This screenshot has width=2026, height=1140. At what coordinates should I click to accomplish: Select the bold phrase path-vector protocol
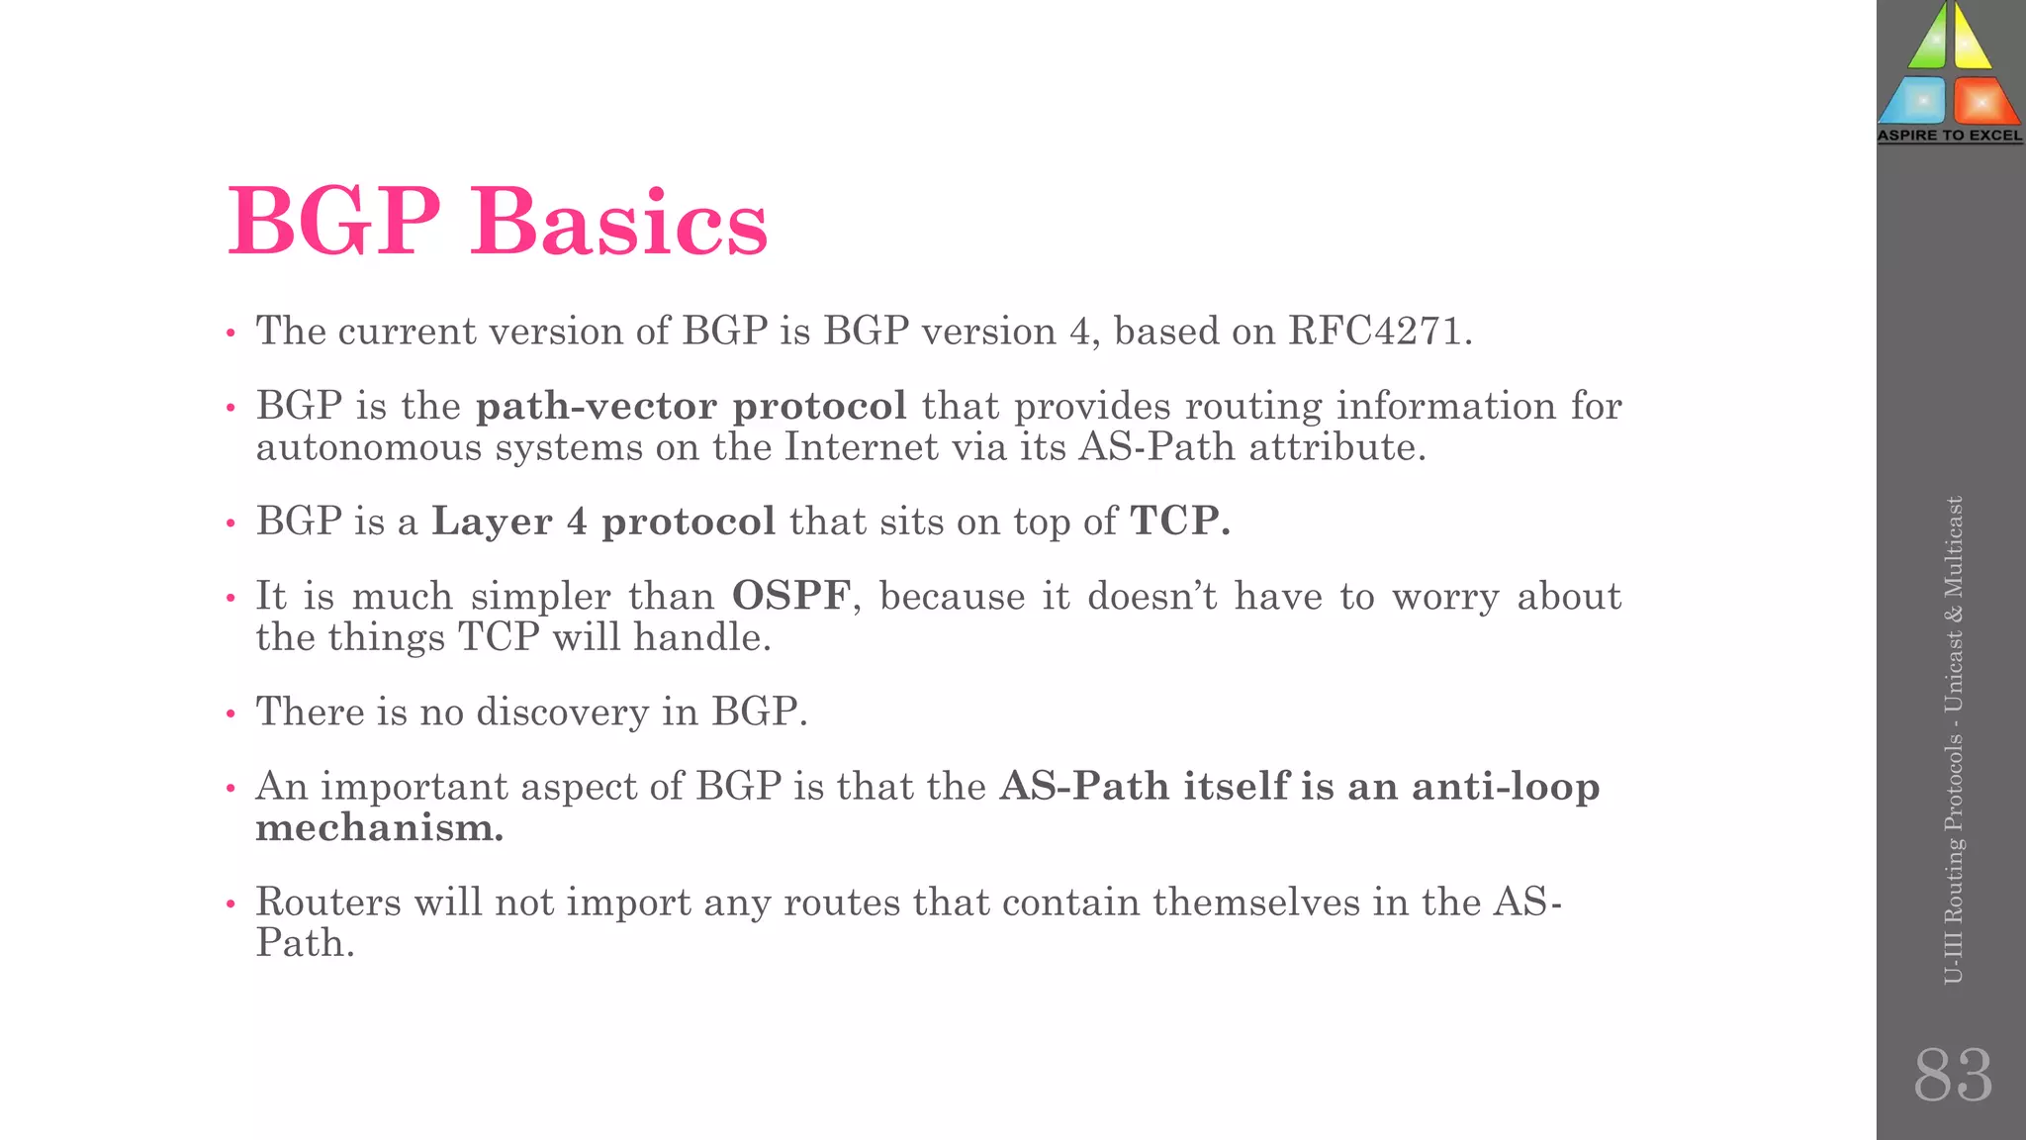coord(691,407)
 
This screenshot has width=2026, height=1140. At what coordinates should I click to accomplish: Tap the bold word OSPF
coord(790,597)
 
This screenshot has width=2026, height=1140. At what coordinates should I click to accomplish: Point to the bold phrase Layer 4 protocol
coord(603,522)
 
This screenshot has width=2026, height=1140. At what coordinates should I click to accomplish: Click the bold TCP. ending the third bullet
coord(1180,522)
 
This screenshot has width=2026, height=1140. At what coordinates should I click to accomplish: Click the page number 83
coord(1952,1075)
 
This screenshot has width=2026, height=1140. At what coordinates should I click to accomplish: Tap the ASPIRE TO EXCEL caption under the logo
coord(1950,136)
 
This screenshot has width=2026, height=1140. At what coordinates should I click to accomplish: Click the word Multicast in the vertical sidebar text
coord(1953,547)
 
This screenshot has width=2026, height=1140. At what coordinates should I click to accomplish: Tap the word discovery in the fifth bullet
coord(562,712)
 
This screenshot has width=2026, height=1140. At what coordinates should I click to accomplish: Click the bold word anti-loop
coord(1506,787)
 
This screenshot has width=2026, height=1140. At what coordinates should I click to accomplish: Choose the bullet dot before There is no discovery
coord(230,713)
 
